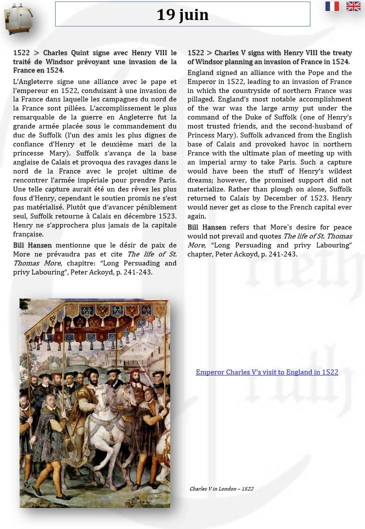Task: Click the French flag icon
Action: (332, 6)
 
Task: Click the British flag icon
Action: (353, 6)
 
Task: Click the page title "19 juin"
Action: (182, 14)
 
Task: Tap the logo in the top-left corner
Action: (15, 18)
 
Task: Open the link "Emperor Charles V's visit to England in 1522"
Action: (267, 372)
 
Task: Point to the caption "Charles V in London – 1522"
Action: (221, 488)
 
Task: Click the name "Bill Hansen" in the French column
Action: (32, 245)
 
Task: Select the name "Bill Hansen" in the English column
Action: (207, 227)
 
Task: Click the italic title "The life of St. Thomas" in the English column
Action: (317, 236)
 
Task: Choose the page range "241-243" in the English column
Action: (284, 254)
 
